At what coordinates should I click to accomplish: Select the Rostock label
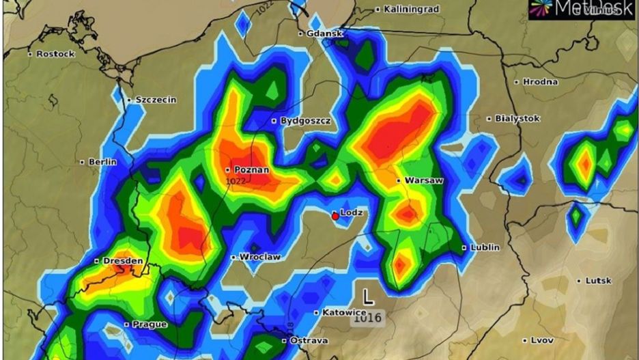coord(55,53)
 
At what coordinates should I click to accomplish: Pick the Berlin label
coord(102,162)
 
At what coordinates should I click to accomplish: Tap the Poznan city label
coord(251,169)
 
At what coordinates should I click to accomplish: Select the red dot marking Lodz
coord(335,217)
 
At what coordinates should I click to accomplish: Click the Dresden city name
coord(123,261)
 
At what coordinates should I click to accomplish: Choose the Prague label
coord(149,324)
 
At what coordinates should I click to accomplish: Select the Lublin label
coord(484,247)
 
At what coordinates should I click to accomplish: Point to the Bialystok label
coord(517,118)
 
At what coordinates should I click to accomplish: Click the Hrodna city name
coord(540,82)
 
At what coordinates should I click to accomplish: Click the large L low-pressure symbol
coord(368,296)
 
